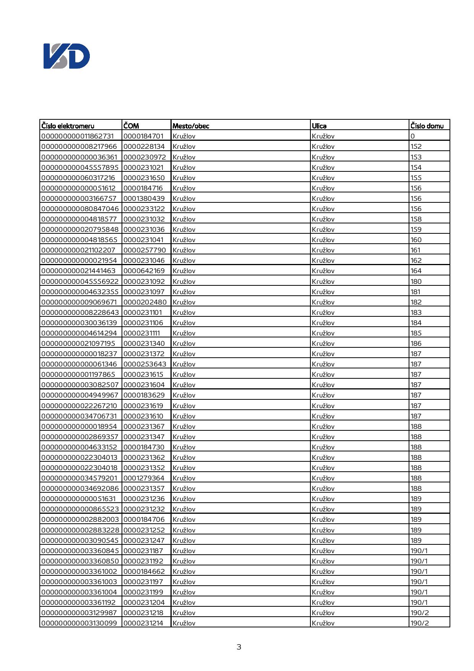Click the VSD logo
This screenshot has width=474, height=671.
coord(67,56)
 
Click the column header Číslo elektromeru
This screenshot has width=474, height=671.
coord(68,125)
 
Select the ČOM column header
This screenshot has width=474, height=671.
coord(131,125)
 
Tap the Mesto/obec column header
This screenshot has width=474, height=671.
coord(191,125)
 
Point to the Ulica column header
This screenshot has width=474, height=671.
coord(319,125)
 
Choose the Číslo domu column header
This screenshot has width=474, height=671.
coord(427,125)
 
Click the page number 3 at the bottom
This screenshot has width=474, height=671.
coord(239,647)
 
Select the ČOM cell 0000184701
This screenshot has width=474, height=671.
coord(143,136)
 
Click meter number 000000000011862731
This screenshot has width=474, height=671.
coord(78,136)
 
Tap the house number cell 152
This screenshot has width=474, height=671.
coord(416,146)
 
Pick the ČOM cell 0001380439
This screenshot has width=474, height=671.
coord(144,198)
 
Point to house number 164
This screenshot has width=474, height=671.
coord(416,270)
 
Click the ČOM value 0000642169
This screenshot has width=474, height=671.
coord(144,270)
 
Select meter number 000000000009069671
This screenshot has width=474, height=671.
coord(79,302)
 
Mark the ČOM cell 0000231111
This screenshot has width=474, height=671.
coord(142,333)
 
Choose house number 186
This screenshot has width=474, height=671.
coord(416,343)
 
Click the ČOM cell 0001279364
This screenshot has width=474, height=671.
coord(144,478)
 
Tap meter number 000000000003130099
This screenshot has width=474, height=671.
coord(79,623)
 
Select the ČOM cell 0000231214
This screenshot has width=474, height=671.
coord(143,623)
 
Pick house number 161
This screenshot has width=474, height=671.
coord(415,250)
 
